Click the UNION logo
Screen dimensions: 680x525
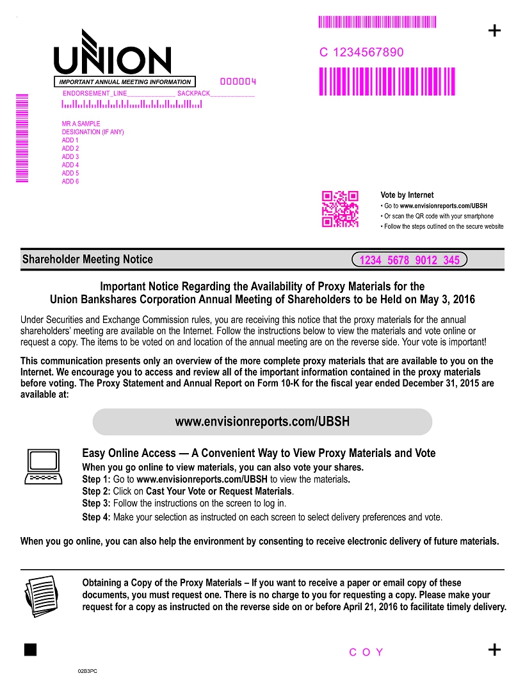tap(112, 54)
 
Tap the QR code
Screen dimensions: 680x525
tap(340, 209)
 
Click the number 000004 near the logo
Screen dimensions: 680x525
tap(238, 82)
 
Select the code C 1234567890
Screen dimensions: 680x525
tap(362, 53)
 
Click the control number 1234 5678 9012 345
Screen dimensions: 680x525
tap(410, 260)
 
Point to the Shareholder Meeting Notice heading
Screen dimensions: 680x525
tap(88, 260)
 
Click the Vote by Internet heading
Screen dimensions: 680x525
tap(407, 195)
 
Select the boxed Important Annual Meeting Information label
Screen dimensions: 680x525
tap(125, 82)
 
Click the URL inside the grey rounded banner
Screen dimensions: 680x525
tap(262, 422)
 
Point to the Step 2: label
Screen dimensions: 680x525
tap(96, 492)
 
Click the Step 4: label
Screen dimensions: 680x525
tap(96, 517)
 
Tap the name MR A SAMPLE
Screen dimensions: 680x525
tap(81, 124)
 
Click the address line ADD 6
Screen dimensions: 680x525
tap(70, 181)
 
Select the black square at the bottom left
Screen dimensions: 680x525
tap(30, 649)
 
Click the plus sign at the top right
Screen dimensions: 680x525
tap(494, 31)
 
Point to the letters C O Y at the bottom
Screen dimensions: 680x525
tap(366, 652)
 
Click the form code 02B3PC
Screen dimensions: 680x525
tap(88, 670)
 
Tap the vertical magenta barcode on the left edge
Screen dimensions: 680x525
tap(22, 138)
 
